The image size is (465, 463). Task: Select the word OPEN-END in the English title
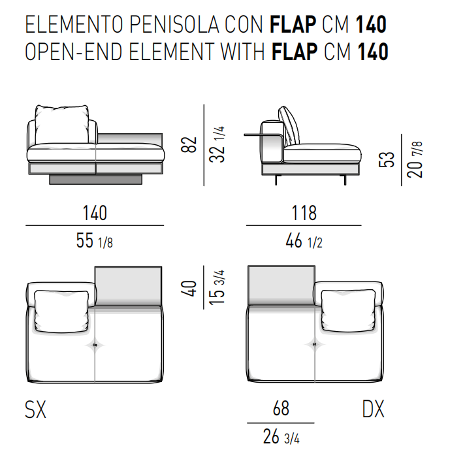pyautogui.click(x=74, y=52)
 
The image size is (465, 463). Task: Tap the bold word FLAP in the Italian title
pyautogui.click(x=293, y=24)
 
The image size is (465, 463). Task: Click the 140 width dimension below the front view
pyautogui.click(x=95, y=213)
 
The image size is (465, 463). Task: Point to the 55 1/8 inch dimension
pyautogui.click(x=95, y=240)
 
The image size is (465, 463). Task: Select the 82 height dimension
pyautogui.click(x=189, y=145)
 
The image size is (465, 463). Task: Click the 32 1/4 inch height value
pyautogui.click(x=217, y=144)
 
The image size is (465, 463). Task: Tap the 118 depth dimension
pyautogui.click(x=304, y=213)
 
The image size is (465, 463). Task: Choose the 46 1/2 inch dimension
pyautogui.click(x=304, y=240)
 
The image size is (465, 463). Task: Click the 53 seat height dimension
pyautogui.click(x=387, y=159)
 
